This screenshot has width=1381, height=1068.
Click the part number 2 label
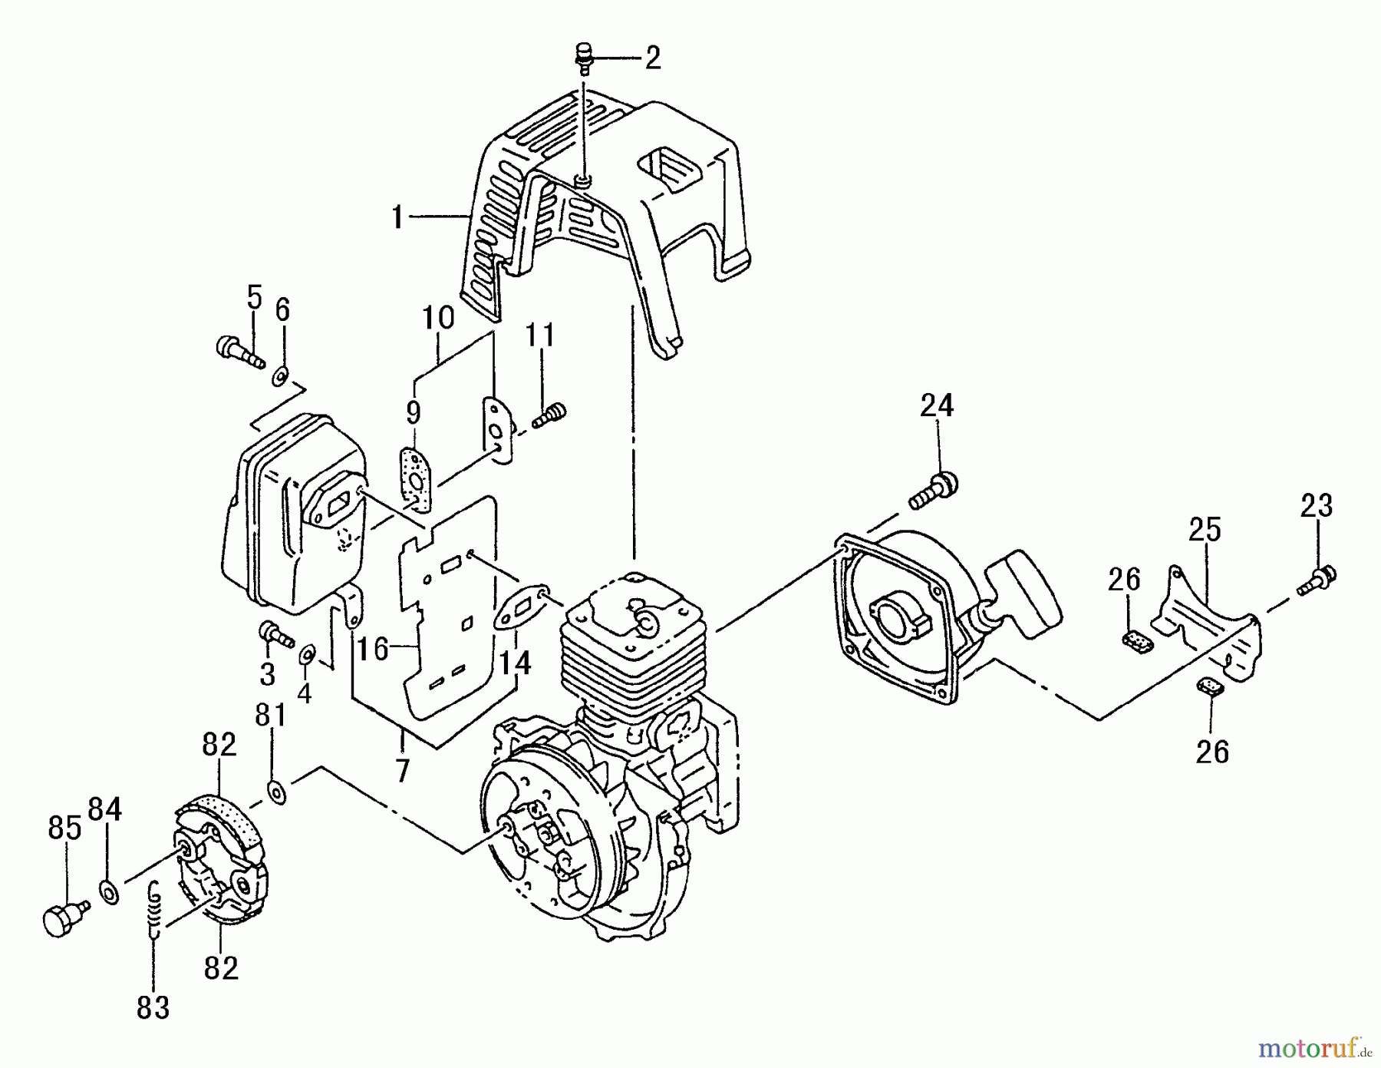[x=652, y=58]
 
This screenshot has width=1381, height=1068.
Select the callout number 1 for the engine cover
[x=397, y=218]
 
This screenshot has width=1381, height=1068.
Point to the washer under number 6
[x=280, y=376]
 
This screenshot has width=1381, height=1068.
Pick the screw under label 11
[x=548, y=417]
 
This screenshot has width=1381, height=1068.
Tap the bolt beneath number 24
[x=933, y=491]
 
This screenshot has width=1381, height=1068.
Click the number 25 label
[x=1205, y=530]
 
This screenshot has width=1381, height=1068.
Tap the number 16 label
[x=373, y=650]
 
